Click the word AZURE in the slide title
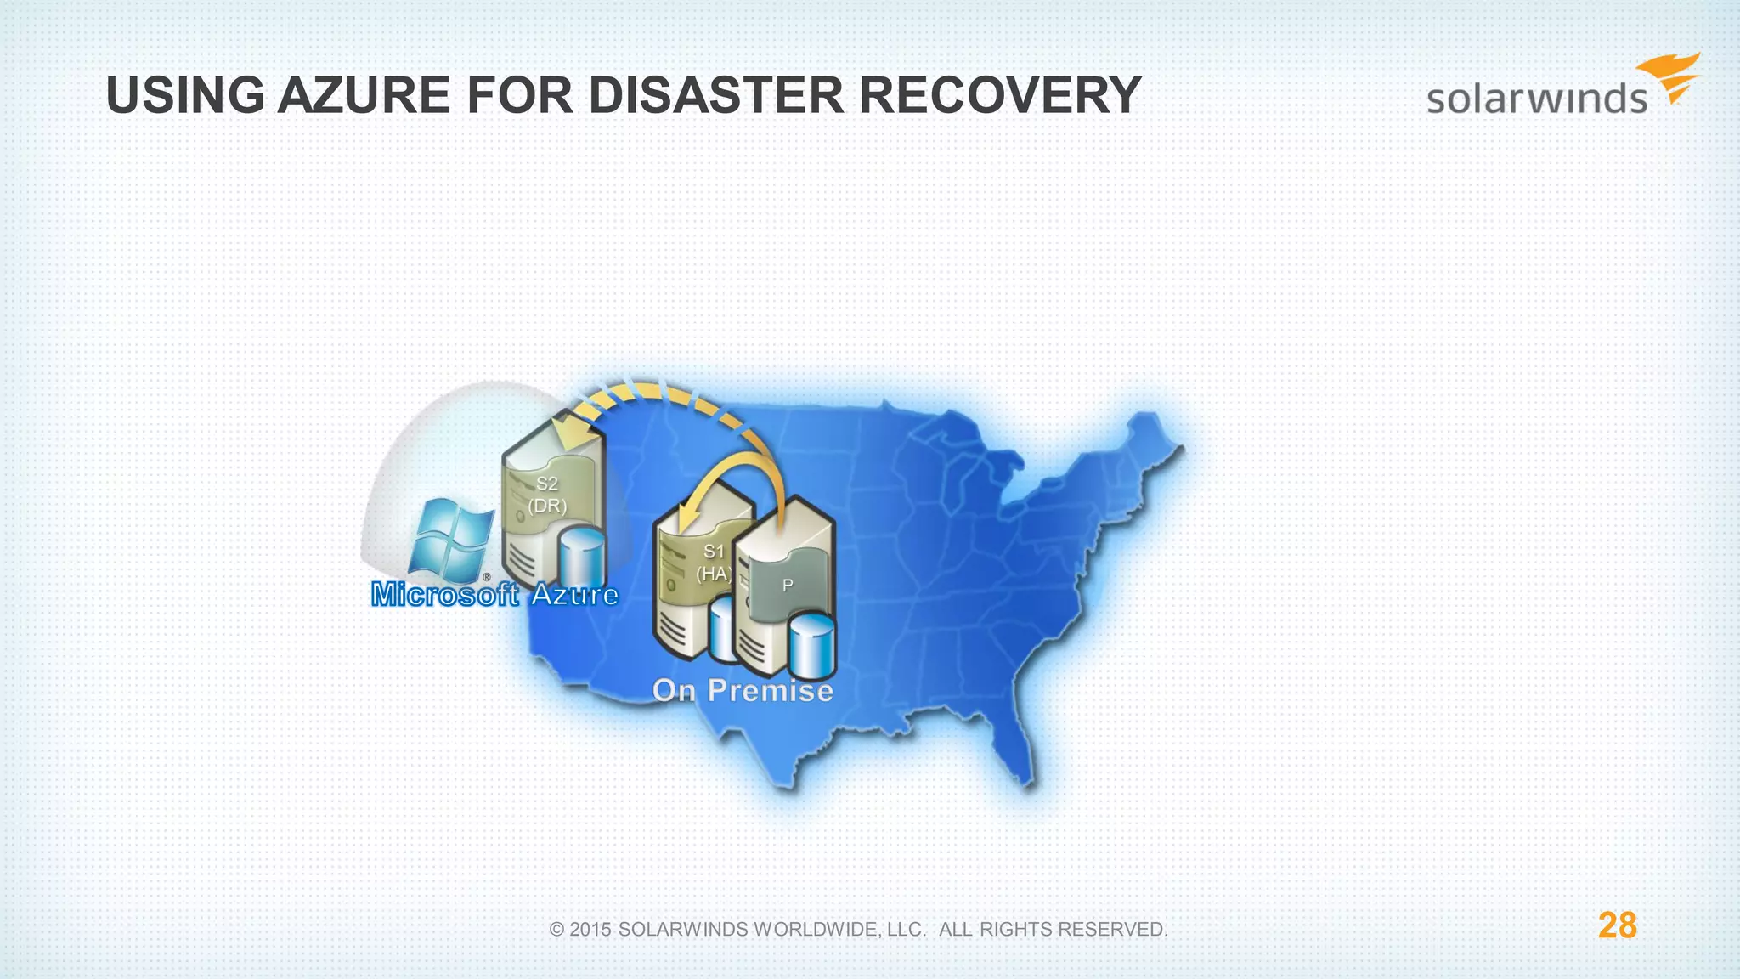click(364, 95)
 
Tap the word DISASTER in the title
click(716, 95)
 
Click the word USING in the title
click(185, 95)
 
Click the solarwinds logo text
click(1536, 99)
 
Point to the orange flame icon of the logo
click(1671, 76)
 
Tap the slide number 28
click(1617, 925)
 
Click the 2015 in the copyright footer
click(590, 930)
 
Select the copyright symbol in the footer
click(557, 930)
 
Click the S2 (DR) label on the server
click(547, 495)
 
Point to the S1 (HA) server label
click(713, 563)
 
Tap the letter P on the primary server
click(788, 586)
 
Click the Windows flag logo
click(450, 537)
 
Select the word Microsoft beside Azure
click(444, 594)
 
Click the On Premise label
click(743, 690)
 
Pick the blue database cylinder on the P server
click(811, 646)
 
